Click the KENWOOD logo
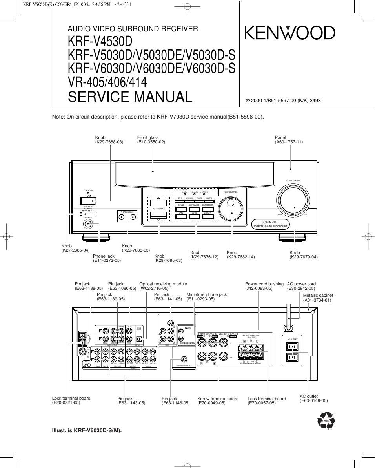click(x=290, y=33)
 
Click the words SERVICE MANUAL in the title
click(x=130, y=97)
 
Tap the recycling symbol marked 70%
click(x=326, y=421)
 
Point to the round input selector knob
click(x=231, y=208)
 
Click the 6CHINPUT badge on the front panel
click(x=270, y=224)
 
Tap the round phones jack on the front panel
click(x=88, y=224)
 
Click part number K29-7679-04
click(x=303, y=257)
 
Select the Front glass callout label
click(x=148, y=138)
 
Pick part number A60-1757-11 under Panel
click(x=289, y=142)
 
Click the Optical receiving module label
click(x=163, y=284)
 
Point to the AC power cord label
click(x=301, y=284)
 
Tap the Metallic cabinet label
click(x=318, y=295)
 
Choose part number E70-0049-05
click(x=211, y=403)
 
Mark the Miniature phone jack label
click(x=207, y=294)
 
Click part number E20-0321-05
click(x=66, y=402)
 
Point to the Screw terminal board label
click(x=218, y=398)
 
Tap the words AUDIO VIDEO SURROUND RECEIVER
click(x=133, y=29)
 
